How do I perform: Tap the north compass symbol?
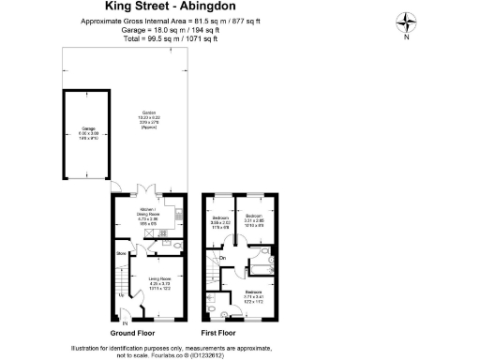[406, 20]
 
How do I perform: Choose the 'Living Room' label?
[156, 280]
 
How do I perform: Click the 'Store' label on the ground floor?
[122, 253]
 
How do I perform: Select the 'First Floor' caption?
[223, 333]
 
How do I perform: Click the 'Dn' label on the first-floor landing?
[223, 258]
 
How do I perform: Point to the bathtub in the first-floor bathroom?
[256, 270]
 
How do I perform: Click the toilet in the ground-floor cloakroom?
[177, 246]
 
